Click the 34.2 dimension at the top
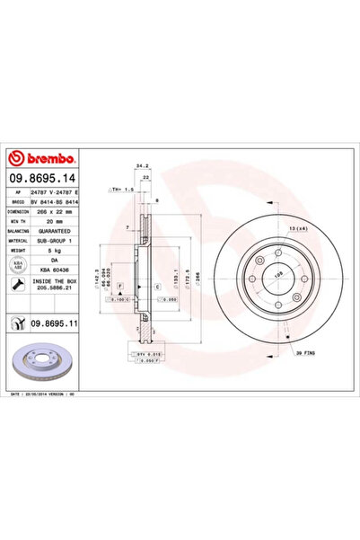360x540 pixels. [141, 165]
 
